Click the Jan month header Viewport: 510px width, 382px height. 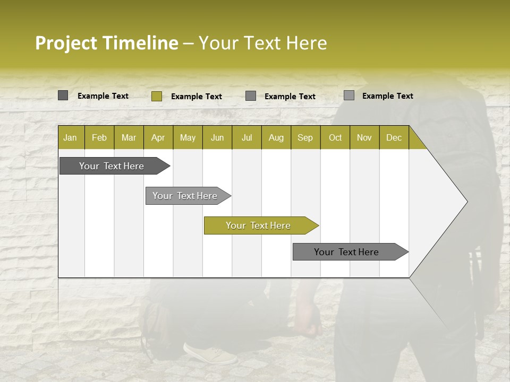[71, 137]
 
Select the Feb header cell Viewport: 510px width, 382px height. [99, 137]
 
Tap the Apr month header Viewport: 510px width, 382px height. [158, 137]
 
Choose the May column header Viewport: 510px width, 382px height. [188, 137]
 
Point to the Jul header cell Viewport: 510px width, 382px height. [246, 137]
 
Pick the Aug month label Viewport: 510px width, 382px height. [276, 137]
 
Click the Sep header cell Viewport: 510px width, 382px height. [305, 137]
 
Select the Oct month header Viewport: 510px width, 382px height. [335, 137]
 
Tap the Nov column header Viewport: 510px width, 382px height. [364, 137]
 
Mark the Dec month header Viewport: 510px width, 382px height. [394, 137]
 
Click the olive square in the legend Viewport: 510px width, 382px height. [156, 96]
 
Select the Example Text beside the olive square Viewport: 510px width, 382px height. [197, 97]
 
